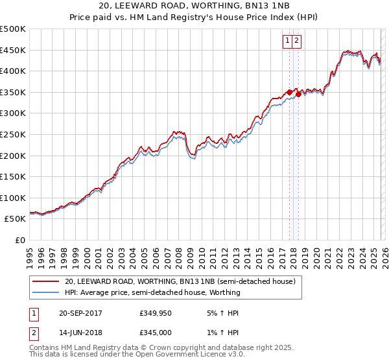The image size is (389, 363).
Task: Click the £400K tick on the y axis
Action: point(13,71)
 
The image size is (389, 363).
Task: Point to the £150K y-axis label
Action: point(13,176)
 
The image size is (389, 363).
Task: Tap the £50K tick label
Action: point(16,219)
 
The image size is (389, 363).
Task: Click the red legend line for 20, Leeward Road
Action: point(46,281)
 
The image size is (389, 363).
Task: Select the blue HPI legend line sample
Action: point(46,292)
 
